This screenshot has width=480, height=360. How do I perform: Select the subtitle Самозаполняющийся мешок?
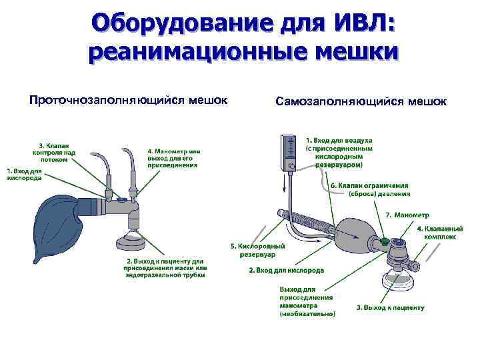pyautogui.click(x=360, y=101)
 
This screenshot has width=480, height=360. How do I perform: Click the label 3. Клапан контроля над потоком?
pyautogui.click(x=56, y=153)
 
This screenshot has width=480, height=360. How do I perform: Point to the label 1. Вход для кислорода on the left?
pyautogui.click(x=24, y=175)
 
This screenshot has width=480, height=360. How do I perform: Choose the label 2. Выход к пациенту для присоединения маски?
pyautogui.click(x=164, y=267)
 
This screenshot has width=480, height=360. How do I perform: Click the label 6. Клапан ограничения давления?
pyautogui.click(x=369, y=189)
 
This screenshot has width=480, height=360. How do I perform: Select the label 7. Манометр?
pyautogui.click(x=407, y=215)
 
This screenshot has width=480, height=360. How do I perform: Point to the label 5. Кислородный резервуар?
pyautogui.click(x=257, y=249)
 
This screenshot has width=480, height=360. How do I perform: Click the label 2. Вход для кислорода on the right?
pyautogui.click(x=286, y=271)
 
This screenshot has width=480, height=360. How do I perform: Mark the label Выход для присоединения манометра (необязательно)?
pyautogui.click(x=307, y=301)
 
